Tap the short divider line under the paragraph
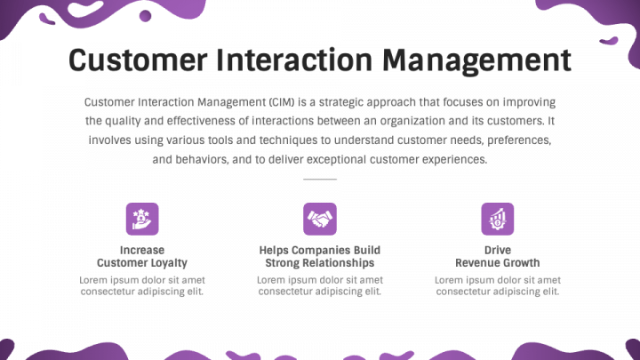click(320, 180)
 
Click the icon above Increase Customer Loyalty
click(142, 218)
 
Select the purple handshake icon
click(320, 218)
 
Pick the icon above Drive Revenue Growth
click(498, 218)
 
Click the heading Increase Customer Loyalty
click(142, 257)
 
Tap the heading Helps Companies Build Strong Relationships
click(320, 257)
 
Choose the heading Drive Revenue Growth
click(498, 257)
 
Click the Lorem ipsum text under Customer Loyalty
click(142, 285)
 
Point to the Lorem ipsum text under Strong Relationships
click(320, 285)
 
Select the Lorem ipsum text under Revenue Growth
click(498, 285)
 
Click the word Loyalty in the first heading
click(169, 263)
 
